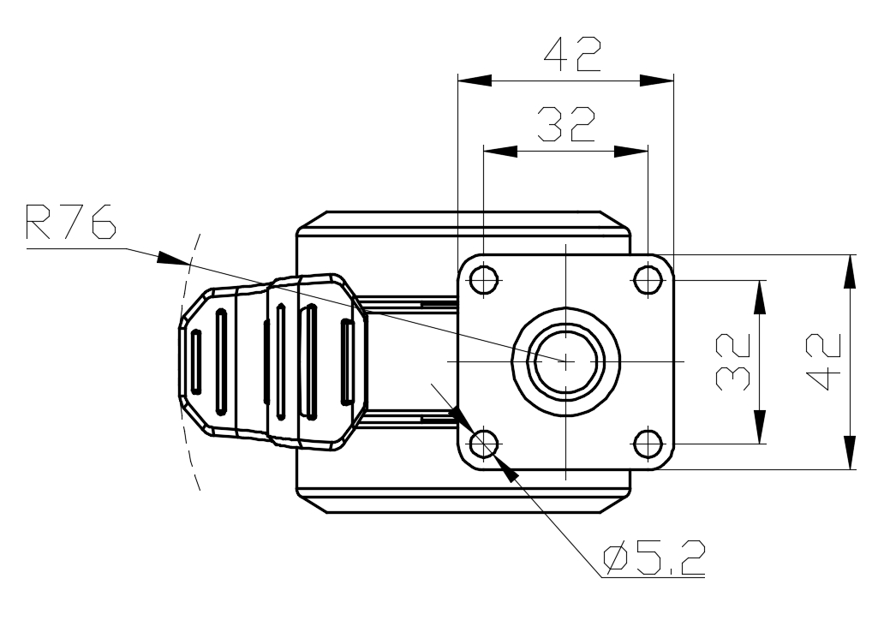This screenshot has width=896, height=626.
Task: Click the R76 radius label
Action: click(70, 223)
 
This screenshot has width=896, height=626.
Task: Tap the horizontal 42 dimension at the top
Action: click(572, 55)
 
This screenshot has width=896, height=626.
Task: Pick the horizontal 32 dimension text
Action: click(566, 125)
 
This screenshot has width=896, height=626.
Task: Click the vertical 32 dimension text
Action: click(734, 362)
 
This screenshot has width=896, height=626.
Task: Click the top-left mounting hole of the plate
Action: click(485, 279)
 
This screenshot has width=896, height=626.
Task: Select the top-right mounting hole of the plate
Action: click(648, 279)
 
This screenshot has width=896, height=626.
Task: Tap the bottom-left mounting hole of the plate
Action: click(485, 443)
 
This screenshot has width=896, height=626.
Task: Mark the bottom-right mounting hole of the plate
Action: click(648, 443)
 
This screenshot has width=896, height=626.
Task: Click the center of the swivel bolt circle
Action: click(566, 361)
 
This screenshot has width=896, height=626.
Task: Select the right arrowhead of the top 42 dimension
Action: click(658, 80)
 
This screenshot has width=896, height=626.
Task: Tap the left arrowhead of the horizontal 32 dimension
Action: click(501, 151)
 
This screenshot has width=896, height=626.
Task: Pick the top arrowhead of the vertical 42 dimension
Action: click(850, 271)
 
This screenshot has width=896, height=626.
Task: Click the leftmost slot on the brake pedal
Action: click(196, 361)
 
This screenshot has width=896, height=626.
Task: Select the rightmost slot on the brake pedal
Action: click(347, 361)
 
